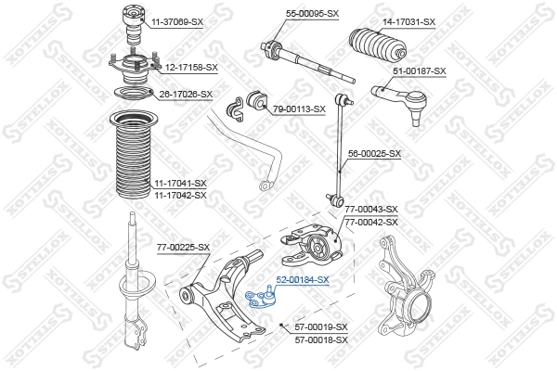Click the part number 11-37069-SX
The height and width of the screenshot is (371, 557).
click(x=177, y=20)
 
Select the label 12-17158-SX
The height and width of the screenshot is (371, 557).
click(x=191, y=67)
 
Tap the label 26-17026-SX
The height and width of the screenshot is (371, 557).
click(x=186, y=94)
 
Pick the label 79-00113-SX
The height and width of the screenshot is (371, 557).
click(x=299, y=109)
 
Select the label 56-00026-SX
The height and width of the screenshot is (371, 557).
click(x=374, y=153)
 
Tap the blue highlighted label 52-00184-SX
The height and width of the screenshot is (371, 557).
click(x=302, y=279)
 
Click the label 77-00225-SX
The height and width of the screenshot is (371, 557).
click(x=183, y=247)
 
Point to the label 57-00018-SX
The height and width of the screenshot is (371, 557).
click(x=320, y=339)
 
